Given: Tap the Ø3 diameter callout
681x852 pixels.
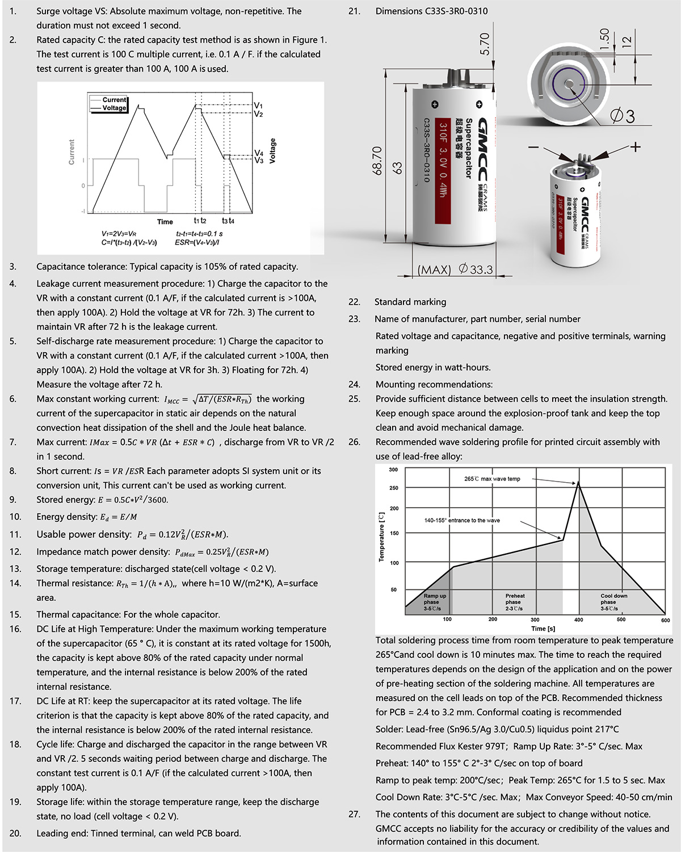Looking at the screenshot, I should click(623, 116).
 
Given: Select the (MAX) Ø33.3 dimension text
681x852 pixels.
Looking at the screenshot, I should click(455, 269).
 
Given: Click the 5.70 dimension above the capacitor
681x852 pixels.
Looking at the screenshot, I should click(485, 44).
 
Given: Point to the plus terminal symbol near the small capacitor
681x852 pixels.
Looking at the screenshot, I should click(635, 147).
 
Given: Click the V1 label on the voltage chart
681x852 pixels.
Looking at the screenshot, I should click(258, 106).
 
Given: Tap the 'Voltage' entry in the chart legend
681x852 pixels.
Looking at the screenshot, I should click(114, 108).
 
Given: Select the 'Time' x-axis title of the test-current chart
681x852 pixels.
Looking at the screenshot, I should click(165, 222).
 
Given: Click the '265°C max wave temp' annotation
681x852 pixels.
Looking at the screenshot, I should click(492, 479).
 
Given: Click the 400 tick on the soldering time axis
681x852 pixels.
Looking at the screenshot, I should click(578, 619).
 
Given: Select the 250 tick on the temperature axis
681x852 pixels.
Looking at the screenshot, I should click(394, 488).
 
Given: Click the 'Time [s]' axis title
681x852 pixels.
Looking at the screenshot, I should click(543, 629).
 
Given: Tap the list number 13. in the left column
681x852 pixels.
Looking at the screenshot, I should click(15, 569).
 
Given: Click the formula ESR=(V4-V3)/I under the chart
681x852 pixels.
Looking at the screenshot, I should click(197, 242).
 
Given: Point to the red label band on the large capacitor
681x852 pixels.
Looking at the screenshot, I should click(443, 171).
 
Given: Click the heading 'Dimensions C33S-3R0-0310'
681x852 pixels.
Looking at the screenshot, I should click(431, 11).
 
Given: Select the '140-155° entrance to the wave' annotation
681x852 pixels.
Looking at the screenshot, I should click(462, 520).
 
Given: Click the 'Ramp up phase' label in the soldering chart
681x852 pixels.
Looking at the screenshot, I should click(435, 602).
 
